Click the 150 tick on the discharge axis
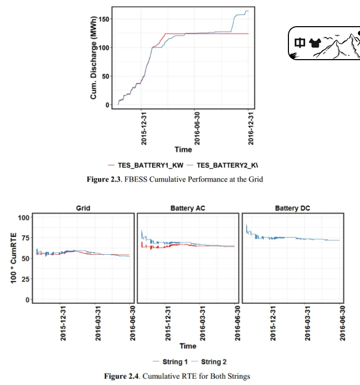click(x=104, y=19)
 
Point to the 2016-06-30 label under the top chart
click(x=197, y=128)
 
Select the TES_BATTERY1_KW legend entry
click(x=146, y=165)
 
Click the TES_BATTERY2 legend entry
click(x=222, y=165)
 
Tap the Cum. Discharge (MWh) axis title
click(x=94, y=58)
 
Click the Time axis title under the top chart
click(x=183, y=150)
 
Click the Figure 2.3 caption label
click(x=103, y=179)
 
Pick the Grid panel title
click(x=83, y=208)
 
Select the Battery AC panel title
click(x=188, y=208)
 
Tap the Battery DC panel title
click(x=293, y=208)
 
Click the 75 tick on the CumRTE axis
click(x=26, y=238)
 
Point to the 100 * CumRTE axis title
click(x=14, y=258)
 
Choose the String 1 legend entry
click(x=170, y=361)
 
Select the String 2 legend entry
click(x=208, y=361)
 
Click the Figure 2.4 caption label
click(x=121, y=376)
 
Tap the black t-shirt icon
click(x=315, y=43)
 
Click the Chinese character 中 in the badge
click(x=300, y=43)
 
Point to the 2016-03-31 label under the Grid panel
click(x=98, y=323)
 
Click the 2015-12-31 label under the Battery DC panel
click(x=273, y=323)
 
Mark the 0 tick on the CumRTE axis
click(x=28, y=300)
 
